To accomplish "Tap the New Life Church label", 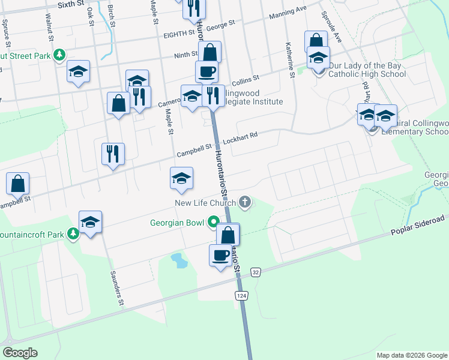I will pyautogui.click(x=203, y=203).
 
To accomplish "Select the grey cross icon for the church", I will pyautogui.click(x=244, y=202).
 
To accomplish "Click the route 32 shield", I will pyautogui.click(x=256, y=272).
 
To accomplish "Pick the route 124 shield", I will pyautogui.click(x=241, y=296).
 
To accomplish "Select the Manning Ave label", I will pyautogui.click(x=288, y=12).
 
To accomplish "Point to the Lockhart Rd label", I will pyautogui.click(x=240, y=136).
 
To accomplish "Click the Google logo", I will pyautogui.click(x=20, y=353).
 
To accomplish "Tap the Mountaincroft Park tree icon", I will pyautogui.click(x=73, y=233).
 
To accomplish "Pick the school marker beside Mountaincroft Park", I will pyautogui.click(x=91, y=223).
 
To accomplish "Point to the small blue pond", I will pyautogui.click(x=178, y=259).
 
